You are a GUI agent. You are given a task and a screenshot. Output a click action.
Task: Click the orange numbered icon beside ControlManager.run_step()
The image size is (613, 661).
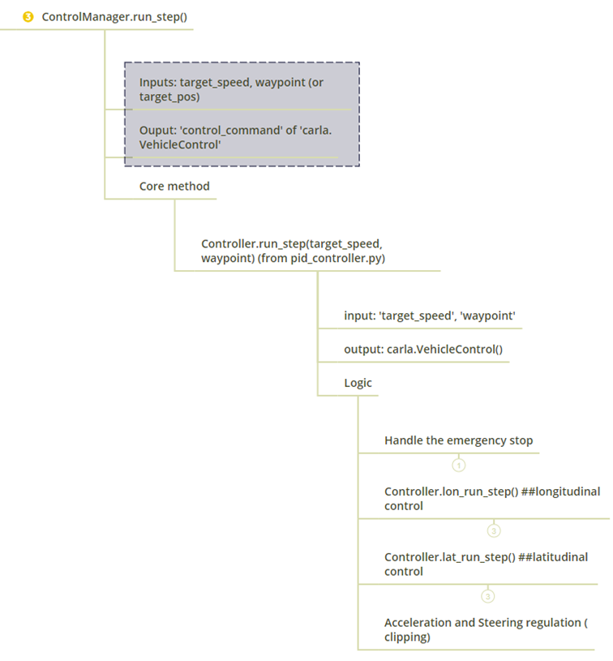pyautogui.click(x=28, y=17)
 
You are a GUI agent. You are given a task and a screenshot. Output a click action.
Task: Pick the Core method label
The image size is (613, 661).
pyautogui.click(x=174, y=186)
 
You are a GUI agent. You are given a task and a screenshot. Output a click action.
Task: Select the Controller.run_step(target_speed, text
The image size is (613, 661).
pyautogui.click(x=297, y=243)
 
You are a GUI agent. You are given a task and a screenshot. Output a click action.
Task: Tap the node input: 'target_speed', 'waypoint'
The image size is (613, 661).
pyautogui.click(x=429, y=315)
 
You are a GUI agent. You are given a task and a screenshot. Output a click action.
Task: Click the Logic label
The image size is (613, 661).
pyautogui.click(x=358, y=382)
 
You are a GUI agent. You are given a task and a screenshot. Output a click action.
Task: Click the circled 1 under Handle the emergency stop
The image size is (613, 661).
pyautogui.click(x=459, y=465)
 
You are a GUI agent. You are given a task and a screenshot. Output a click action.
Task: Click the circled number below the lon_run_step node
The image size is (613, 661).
pyautogui.click(x=493, y=530)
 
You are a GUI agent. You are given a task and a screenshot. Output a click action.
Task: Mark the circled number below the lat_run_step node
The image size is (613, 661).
pyautogui.click(x=487, y=596)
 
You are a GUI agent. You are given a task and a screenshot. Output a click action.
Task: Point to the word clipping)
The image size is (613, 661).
pyautogui.click(x=407, y=637)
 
